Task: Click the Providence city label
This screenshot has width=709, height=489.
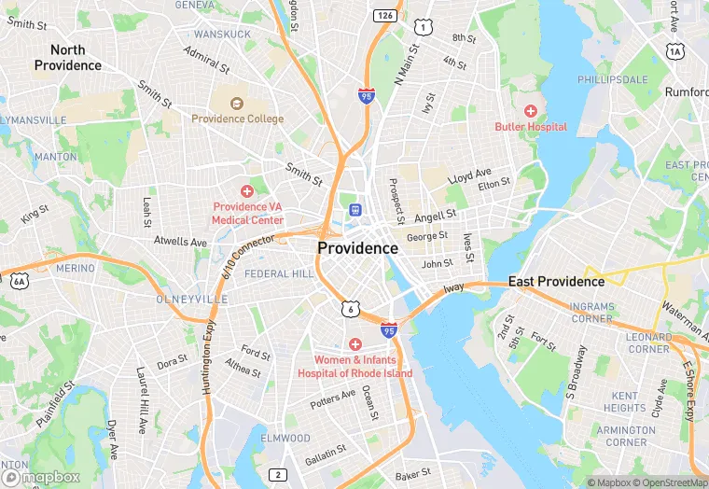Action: click(x=357, y=248)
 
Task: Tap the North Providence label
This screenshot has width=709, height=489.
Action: click(x=68, y=58)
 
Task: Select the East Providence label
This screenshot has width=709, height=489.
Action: click(x=556, y=281)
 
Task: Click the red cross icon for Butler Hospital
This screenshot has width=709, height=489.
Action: click(x=530, y=111)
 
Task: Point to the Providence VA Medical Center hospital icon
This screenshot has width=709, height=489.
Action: click(x=247, y=190)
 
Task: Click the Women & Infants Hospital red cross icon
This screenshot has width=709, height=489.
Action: click(x=354, y=344)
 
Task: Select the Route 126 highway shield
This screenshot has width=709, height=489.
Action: click(x=384, y=15)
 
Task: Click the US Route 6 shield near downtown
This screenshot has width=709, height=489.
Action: click(x=349, y=308)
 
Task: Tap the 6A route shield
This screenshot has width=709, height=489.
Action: click(x=20, y=280)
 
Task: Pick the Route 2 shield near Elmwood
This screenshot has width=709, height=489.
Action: click(x=277, y=475)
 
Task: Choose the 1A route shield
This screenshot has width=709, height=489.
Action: click(x=675, y=53)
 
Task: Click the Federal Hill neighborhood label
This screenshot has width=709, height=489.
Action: click(x=280, y=274)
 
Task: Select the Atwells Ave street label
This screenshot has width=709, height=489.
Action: click(x=180, y=242)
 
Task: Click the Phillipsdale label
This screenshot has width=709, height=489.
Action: click(x=613, y=80)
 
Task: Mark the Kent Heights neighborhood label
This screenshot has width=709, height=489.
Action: click(x=624, y=402)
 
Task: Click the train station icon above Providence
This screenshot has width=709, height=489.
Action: click(x=354, y=209)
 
